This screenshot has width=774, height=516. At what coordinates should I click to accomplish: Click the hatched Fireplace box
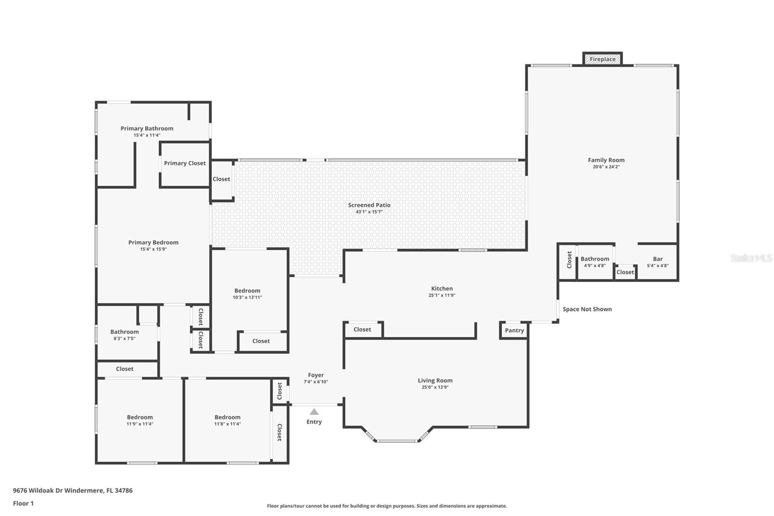602,59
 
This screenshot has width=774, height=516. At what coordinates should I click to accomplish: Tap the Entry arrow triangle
314,411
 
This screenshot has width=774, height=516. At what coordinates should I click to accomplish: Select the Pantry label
514,330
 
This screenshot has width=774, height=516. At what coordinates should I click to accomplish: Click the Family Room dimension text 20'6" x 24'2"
606,167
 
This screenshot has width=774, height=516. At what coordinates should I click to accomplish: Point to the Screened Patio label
369,205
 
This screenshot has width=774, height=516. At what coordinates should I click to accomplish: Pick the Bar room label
657,258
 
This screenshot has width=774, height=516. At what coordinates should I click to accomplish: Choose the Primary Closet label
184,163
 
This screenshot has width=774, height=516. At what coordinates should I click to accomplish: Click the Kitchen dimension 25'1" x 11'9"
442,295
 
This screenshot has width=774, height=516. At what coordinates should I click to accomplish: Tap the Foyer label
316,375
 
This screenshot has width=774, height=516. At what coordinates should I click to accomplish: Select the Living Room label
435,380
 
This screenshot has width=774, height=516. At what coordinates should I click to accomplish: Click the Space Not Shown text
587,309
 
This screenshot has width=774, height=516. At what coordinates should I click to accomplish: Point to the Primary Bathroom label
147,128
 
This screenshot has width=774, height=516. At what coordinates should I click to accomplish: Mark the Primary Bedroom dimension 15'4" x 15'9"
153,249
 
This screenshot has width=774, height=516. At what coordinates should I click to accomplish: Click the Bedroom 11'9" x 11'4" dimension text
140,424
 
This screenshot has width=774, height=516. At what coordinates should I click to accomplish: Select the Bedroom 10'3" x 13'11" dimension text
247,297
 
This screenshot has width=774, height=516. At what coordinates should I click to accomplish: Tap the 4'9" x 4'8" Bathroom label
595,258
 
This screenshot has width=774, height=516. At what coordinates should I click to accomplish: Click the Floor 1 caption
23,503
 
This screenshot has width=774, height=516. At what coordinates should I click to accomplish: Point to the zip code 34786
124,490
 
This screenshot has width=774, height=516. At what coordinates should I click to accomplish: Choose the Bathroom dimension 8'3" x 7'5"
124,338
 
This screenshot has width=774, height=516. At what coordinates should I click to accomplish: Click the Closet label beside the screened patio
221,179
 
